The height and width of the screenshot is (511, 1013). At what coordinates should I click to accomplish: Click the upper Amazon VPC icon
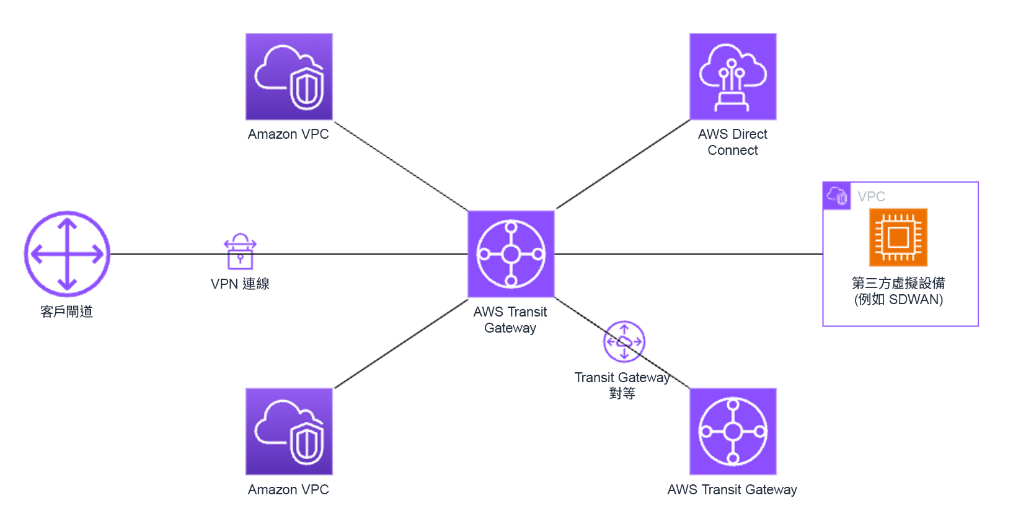(x=289, y=77)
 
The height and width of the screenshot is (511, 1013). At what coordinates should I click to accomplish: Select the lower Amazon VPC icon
(x=289, y=432)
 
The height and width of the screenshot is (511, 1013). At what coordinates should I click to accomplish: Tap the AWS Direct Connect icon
(x=733, y=77)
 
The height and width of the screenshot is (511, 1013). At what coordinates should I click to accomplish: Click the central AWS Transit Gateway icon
(x=511, y=254)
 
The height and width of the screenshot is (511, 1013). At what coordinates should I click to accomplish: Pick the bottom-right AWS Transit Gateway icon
(x=733, y=432)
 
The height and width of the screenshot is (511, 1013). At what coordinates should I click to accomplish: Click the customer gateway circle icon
(x=67, y=254)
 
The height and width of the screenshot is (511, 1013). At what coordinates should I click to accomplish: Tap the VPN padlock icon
(x=240, y=251)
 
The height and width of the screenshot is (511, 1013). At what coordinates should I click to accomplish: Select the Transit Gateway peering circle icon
(x=624, y=341)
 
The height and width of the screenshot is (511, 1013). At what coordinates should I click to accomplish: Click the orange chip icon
(x=898, y=237)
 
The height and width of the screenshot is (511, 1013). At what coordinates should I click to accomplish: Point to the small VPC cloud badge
(x=837, y=196)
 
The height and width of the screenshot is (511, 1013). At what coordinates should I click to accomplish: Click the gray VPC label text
(x=871, y=196)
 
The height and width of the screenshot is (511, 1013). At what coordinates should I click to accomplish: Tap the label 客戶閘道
(x=66, y=312)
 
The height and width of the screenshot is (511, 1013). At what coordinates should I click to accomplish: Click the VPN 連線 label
(x=240, y=284)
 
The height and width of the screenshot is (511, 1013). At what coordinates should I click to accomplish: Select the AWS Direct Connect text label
(x=733, y=142)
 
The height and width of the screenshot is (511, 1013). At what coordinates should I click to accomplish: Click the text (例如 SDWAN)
(x=898, y=300)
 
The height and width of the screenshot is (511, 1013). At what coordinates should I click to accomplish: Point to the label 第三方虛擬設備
(x=898, y=283)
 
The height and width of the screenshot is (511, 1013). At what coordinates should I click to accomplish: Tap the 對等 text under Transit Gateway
(x=622, y=393)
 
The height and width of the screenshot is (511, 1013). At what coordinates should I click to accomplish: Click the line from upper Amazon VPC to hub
(x=400, y=165)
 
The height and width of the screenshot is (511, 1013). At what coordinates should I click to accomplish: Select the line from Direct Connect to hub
(x=623, y=164)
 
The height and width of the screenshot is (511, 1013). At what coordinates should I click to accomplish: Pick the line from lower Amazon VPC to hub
(x=400, y=344)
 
